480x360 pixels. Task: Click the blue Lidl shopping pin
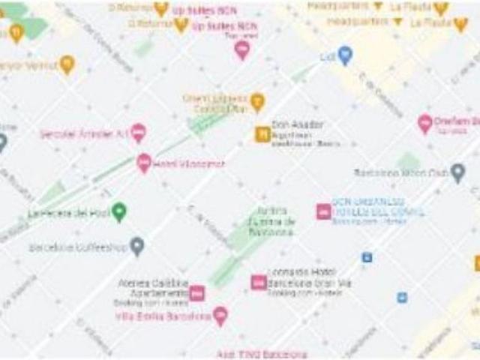[x=345, y=55]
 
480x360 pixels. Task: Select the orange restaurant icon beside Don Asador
[x=262, y=134]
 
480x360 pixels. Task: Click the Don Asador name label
[x=287, y=124]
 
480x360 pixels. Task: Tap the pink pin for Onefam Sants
[x=425, y=124]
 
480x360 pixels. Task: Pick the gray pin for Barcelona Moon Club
[x=457, y=172]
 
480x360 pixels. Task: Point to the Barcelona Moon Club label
[x=400, y=172]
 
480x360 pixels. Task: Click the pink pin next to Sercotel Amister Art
[x=138, y=133]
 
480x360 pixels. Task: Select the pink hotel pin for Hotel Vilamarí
[x=144, y=163]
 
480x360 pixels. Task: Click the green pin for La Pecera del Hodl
[x=118, y=212]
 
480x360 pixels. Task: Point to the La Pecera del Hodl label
[x=68, y=213]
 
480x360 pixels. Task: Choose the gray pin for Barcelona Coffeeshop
[x=136, y=245]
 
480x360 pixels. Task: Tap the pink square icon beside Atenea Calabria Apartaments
[x=196, y=293]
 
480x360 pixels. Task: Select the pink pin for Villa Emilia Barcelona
[x=220, y=316]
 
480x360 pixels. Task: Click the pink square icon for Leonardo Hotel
[x=259, y=283]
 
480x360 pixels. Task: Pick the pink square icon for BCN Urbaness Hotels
[x=323, y=211]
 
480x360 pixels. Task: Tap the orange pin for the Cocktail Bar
[x=257, y=102]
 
